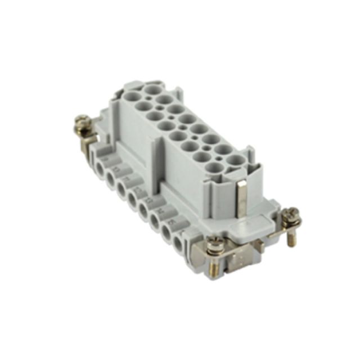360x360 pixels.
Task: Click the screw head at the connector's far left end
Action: coord(82,121)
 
